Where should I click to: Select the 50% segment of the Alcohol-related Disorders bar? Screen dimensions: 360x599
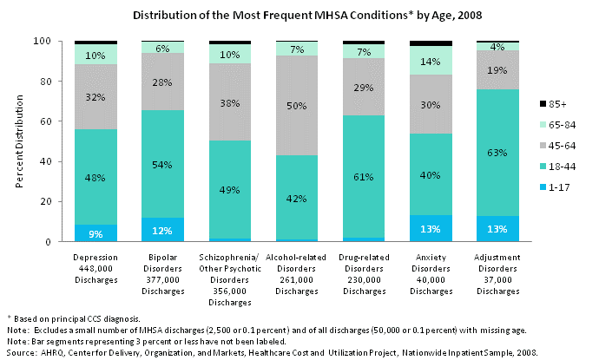(298, 106)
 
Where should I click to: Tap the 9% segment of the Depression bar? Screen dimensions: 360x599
(95, 232)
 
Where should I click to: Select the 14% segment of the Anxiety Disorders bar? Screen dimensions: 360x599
(432, 61)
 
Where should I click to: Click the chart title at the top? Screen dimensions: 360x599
(299, 16)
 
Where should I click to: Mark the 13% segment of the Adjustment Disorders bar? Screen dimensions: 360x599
(499, 229)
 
